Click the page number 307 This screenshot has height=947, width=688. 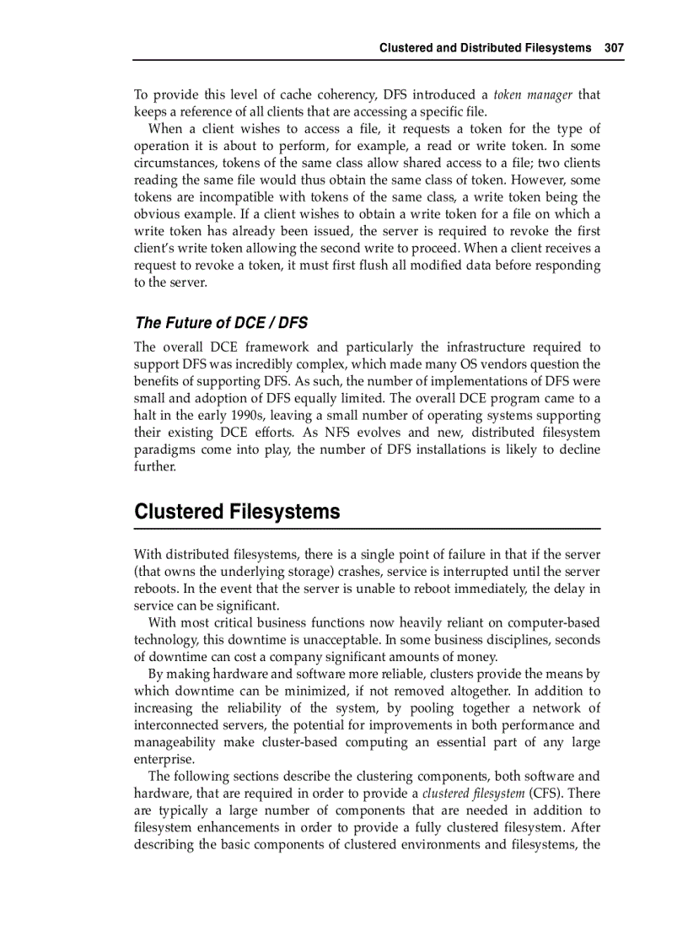(x=614, y=48)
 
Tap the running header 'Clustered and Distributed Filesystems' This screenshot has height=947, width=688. (x=485, y=48)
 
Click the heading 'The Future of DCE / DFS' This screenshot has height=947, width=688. (x=221, y=322)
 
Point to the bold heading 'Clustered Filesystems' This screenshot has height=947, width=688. (x=237, y=512)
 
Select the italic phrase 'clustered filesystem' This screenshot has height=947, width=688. (x=473, y=794)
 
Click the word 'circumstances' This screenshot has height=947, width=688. (x=174, y=163)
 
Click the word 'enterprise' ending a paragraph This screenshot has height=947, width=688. (x=163, y=759)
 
